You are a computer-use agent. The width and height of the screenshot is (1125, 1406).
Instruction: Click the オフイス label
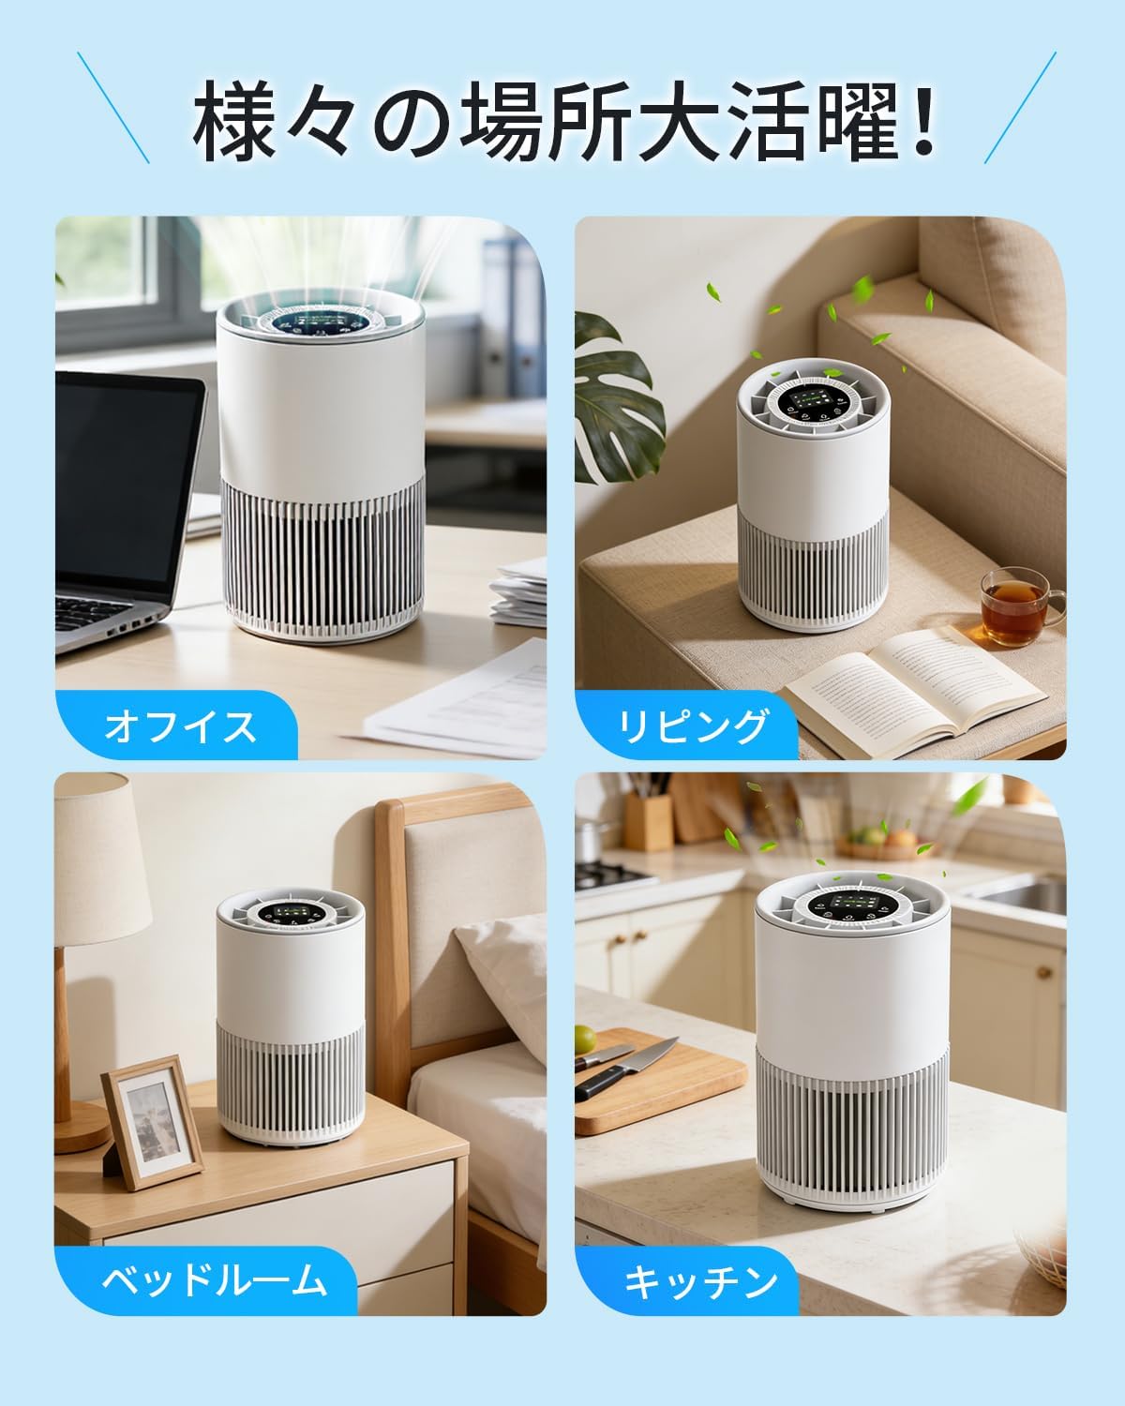180,726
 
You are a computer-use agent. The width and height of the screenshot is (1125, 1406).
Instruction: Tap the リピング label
693,726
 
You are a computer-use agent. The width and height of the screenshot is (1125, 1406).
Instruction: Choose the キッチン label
700,1282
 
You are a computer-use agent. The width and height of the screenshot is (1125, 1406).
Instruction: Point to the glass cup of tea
1021,606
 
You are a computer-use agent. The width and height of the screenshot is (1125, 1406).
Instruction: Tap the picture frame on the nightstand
152,1122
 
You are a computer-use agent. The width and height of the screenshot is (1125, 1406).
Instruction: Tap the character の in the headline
414,124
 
